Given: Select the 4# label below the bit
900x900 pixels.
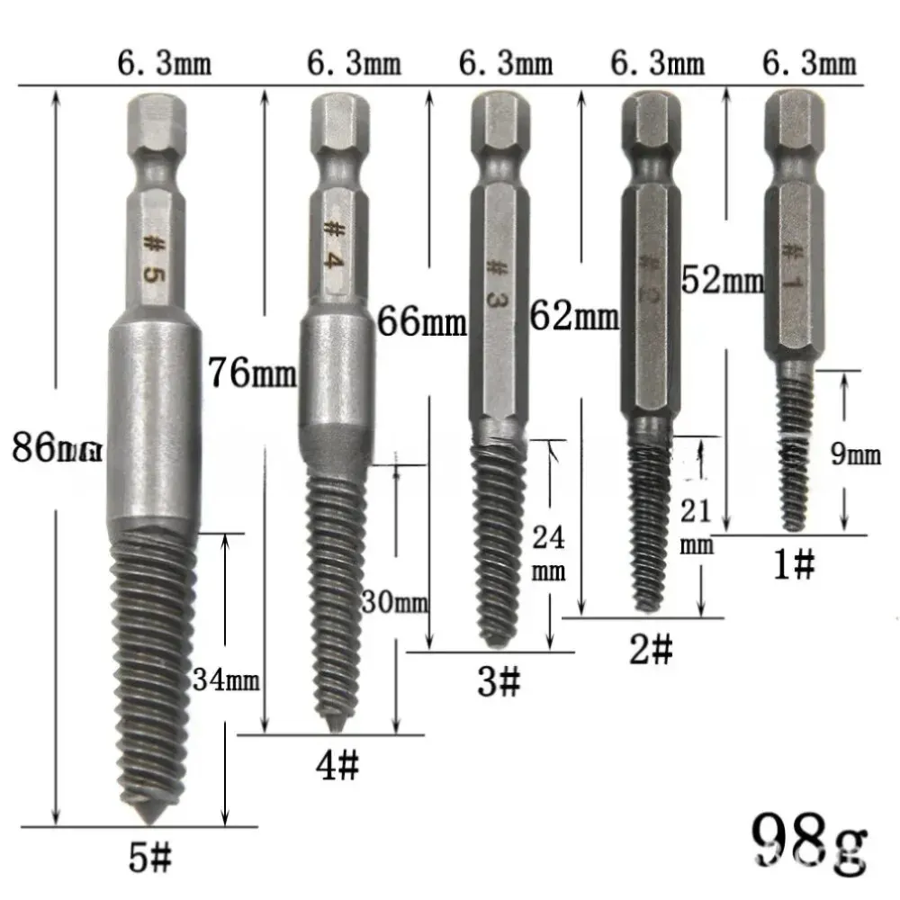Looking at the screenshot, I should coord(337,766).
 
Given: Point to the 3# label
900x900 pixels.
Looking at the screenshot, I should coord(498,682).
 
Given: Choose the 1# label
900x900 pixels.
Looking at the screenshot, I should coord(794,565).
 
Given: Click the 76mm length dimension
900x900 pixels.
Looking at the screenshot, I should coord(251,373).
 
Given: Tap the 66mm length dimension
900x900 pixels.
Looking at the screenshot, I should coord(421,321).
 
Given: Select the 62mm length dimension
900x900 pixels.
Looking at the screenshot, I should coord(574,316).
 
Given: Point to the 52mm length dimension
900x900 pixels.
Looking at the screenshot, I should coord(722,281).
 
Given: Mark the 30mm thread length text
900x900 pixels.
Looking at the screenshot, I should coord(393,601).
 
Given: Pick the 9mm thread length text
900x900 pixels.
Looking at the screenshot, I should coord(855,455).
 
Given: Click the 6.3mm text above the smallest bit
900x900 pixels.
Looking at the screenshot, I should coord(809,66).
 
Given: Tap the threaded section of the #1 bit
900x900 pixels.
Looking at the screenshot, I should coord(792,450).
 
